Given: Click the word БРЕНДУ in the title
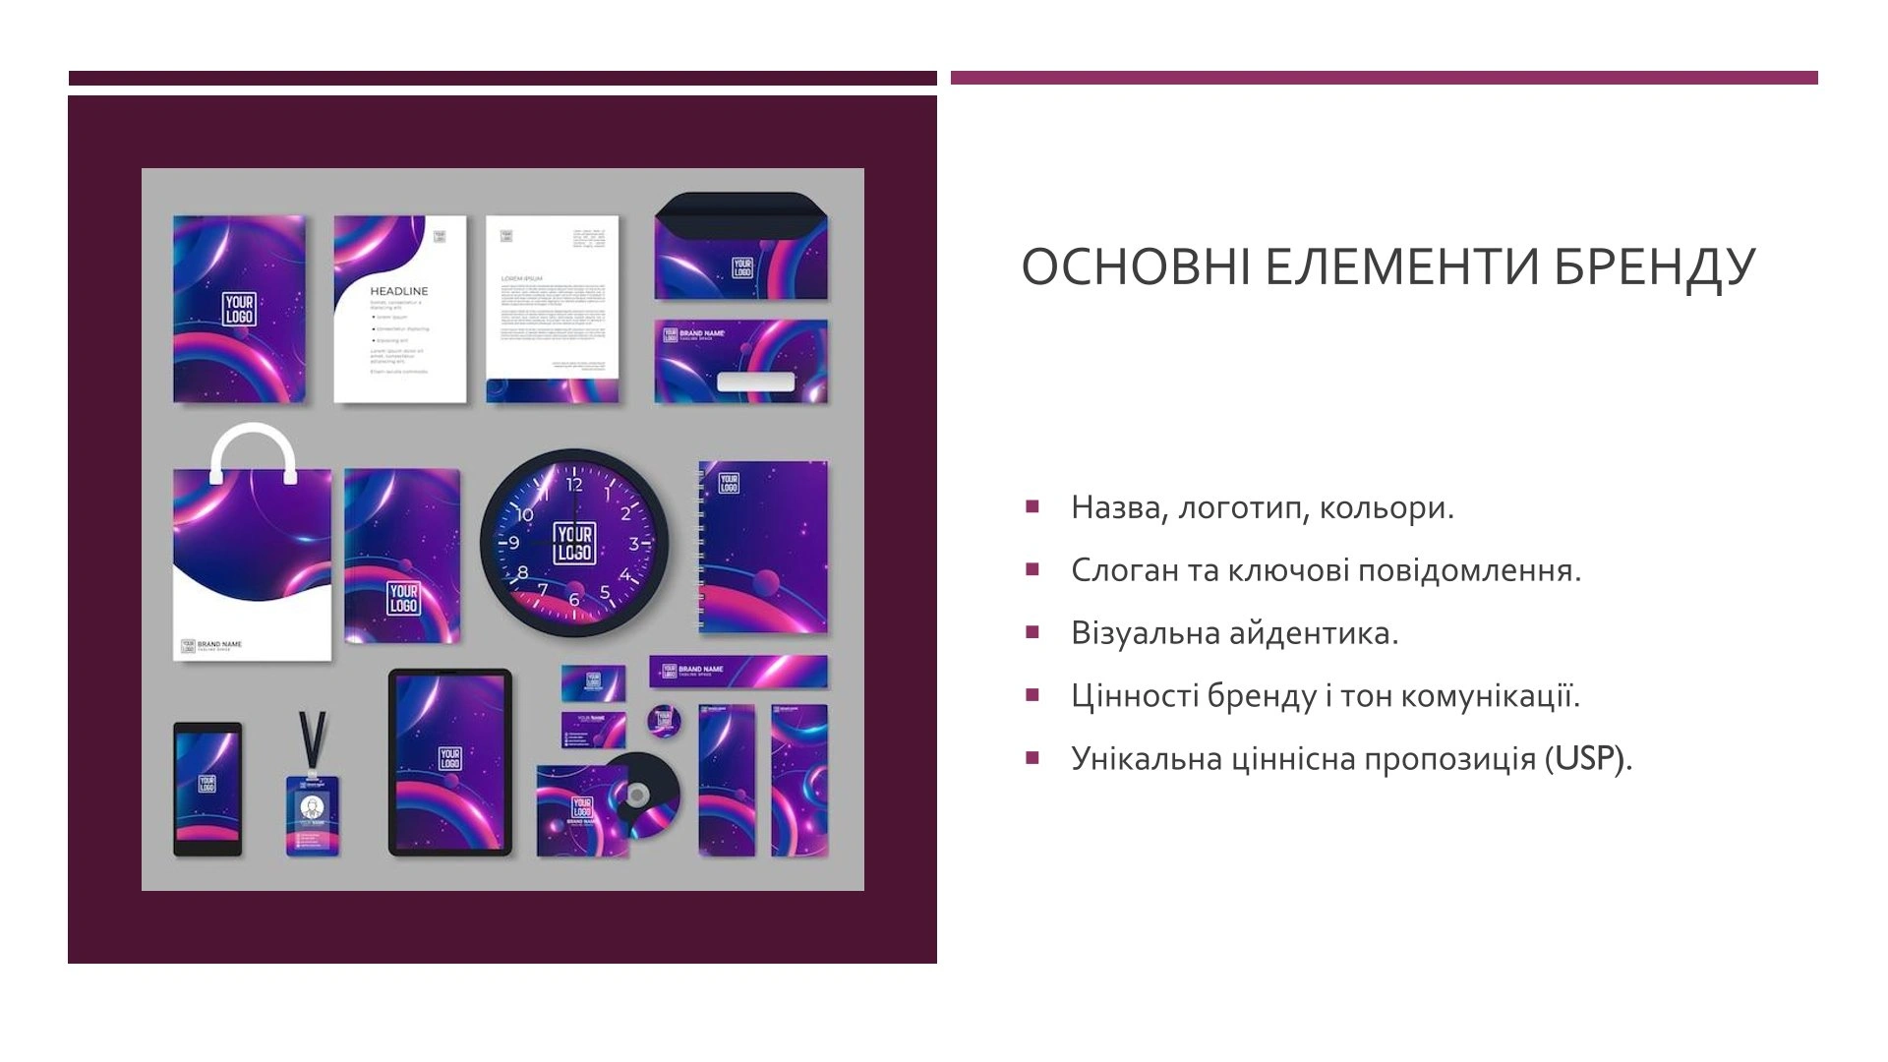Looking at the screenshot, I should (1655, 266).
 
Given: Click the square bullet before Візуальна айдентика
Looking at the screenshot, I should (1032, 632).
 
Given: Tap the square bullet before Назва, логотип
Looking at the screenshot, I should (1032, 506).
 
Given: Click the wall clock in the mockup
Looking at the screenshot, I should (574, 543).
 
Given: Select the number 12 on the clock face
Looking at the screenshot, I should (574, 484).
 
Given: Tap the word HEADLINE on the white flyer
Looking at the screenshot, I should (398, 291).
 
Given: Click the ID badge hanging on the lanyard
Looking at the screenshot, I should (313, 814).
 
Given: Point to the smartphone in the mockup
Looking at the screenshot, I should (207, 789).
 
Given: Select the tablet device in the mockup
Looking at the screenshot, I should (450, 762).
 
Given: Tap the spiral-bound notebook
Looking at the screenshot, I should (763, 547).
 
